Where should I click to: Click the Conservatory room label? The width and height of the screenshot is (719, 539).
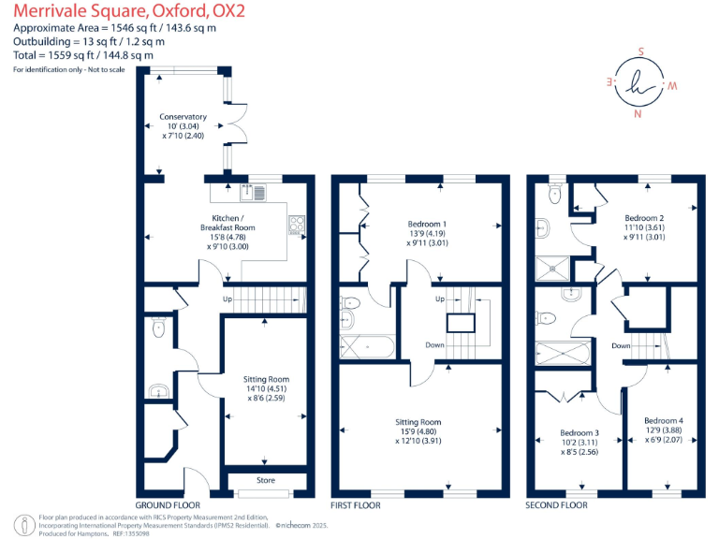183,117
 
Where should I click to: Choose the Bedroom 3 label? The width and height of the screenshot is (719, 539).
580,433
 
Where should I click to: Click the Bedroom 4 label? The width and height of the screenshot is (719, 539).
663,421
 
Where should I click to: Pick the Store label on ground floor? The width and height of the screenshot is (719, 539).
266,480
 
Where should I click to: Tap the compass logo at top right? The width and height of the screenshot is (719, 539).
640,83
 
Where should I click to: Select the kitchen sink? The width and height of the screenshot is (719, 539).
253,193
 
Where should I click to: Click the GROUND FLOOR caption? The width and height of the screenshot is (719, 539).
168,505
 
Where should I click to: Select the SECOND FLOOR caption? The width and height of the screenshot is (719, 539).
557,505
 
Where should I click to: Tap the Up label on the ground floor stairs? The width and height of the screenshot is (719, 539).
227,299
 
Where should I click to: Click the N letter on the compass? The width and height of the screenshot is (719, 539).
638,115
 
